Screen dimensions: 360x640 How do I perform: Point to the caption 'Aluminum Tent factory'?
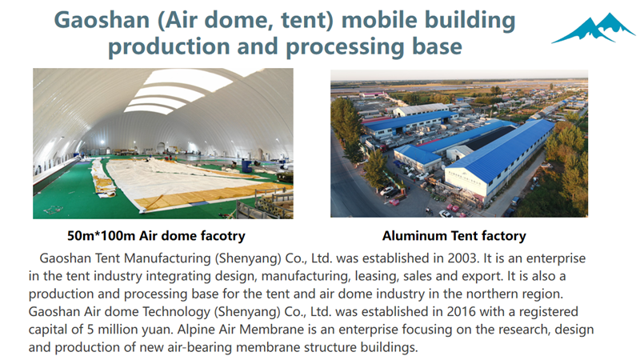click(x=454, y=235)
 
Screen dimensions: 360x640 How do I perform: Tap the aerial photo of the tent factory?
click(x=458, y=144)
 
